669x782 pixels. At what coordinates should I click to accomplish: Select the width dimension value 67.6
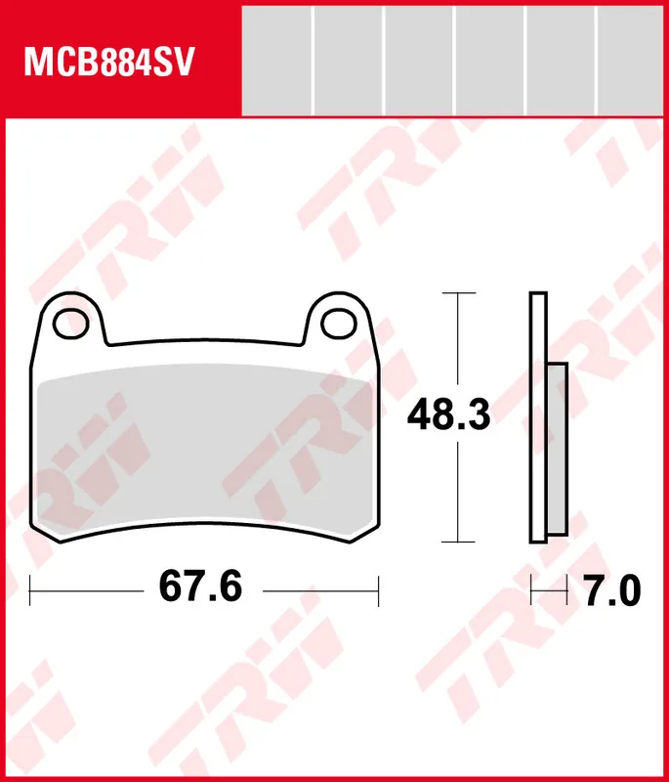click(199, 589)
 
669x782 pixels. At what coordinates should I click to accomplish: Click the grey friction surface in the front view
click(205, 450)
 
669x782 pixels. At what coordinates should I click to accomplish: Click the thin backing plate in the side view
click(536, 417)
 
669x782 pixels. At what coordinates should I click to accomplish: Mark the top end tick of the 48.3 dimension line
click(457, 292)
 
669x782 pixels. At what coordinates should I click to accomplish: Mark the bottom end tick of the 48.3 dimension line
click(457, 542)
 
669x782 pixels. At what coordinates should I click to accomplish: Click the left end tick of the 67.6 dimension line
click(31, 589)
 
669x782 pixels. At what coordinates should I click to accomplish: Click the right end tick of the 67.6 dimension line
click(377, 589)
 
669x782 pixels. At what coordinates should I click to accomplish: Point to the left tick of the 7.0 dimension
click(530, 589)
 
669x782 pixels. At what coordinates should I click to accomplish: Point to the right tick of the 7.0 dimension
click(567, 589)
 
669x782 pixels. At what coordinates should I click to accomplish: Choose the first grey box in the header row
click(276, 59)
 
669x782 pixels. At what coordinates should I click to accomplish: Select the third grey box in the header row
click(419, 59)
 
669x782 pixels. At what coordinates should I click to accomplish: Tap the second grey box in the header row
click(348, 59)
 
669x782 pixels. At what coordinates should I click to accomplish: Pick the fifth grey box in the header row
click(562, 59)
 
